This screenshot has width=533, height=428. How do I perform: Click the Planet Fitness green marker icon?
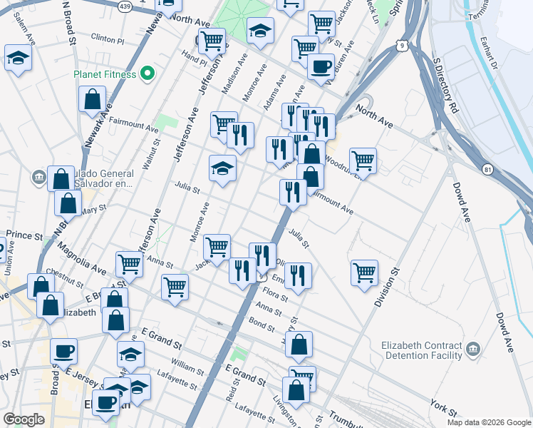pyautogui.click(x=148, y=73)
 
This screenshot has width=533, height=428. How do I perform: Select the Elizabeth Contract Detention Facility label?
pyautogui.click(x=422, y=350)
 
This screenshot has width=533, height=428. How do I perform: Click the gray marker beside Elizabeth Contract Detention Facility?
pyautogui.click(x=473, y=350)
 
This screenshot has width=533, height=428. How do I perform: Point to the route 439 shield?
pyautogui.click(x=125, y=6)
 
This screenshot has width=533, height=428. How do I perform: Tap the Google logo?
pyautogui.click(x=24, y=419)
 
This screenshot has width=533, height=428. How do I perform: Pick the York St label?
pyautogui.click(x=443, y=407)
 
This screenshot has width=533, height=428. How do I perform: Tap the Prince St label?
pyautogui.click(x=25, y=235)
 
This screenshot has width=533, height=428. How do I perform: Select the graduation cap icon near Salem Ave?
pyautogui.click(x=18, y=58)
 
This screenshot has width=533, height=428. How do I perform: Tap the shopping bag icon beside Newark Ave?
pyautogui.click(x=93, y=100)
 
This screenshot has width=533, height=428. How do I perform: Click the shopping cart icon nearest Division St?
pyautogui.click(x=364, y=272)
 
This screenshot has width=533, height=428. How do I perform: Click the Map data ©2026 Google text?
pyautogui.click(x=488, y=422)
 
